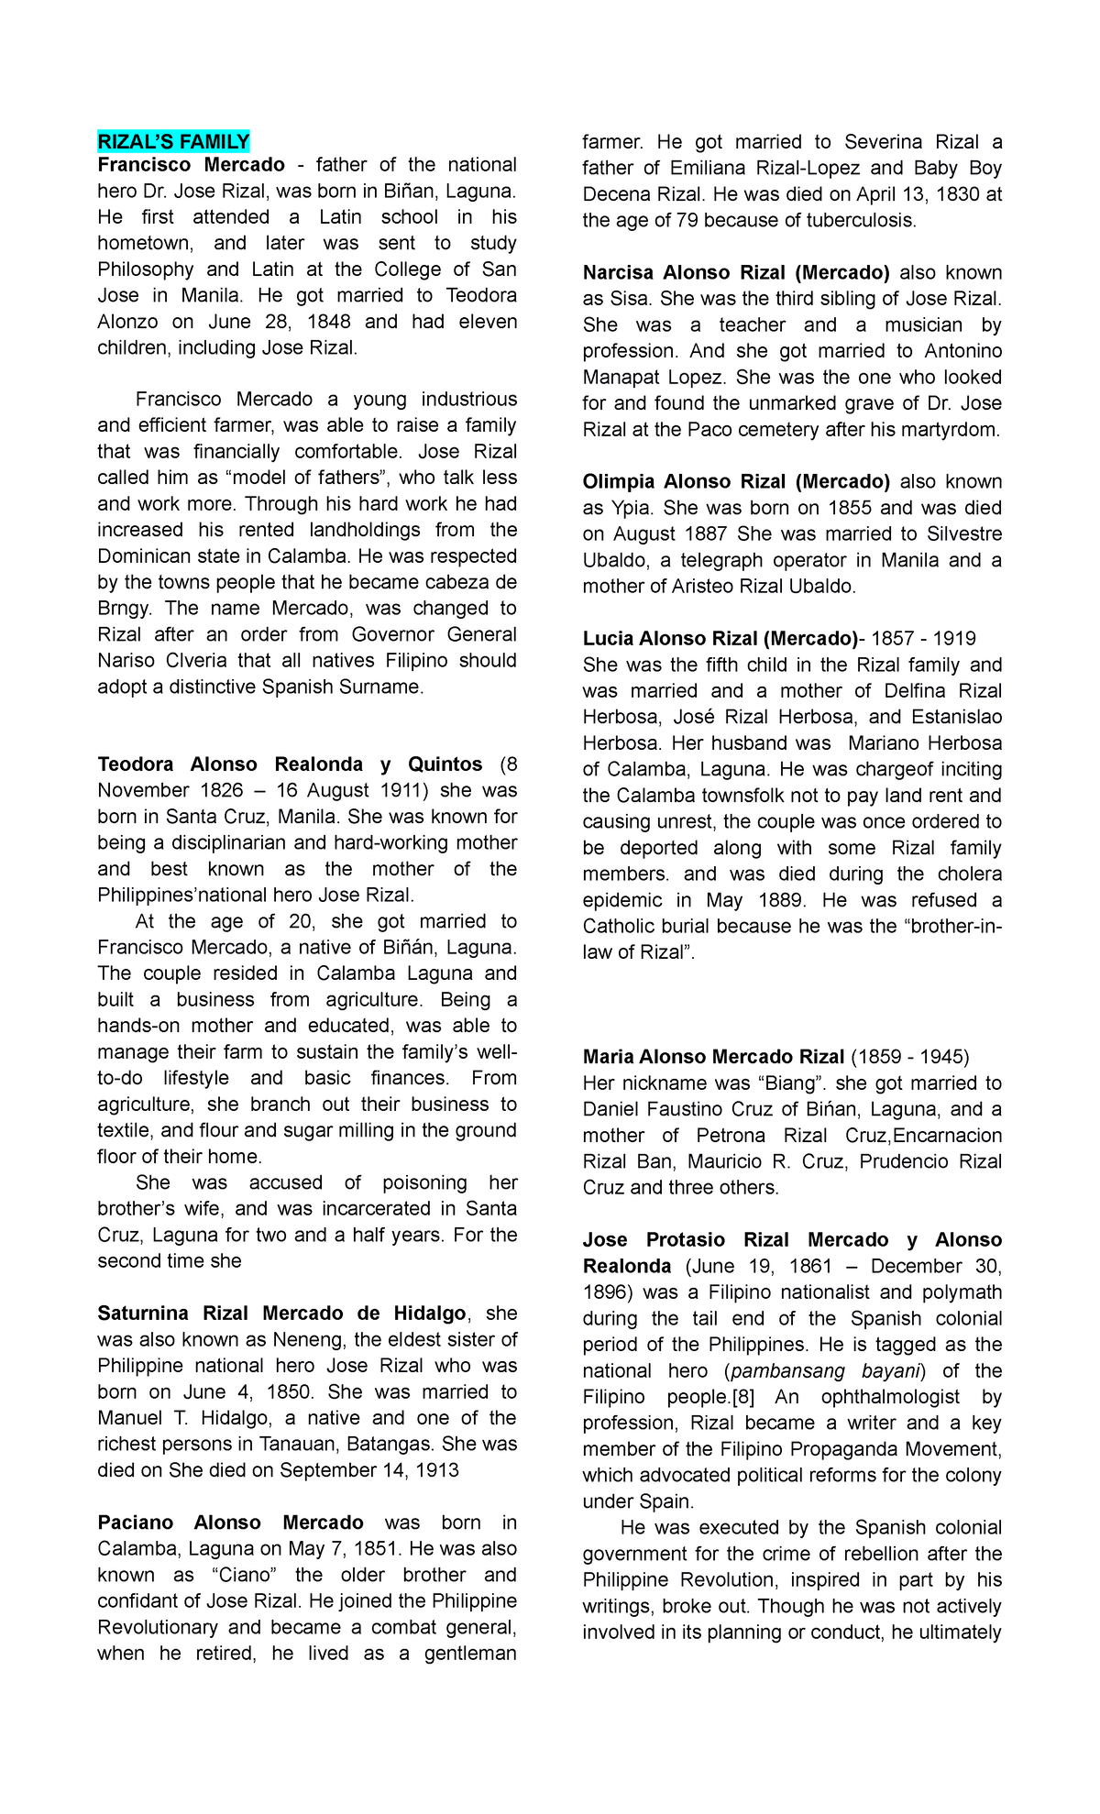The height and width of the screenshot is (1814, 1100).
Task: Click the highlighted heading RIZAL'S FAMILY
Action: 173,141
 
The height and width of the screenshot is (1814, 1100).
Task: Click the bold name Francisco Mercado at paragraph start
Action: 191,165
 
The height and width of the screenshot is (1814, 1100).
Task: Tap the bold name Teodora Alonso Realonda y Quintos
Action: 290,764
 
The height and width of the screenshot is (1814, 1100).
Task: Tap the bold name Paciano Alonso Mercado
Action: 230,1523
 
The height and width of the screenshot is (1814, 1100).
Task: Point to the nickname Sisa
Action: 625,299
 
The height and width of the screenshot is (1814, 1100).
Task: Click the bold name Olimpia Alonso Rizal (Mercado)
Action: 736,482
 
